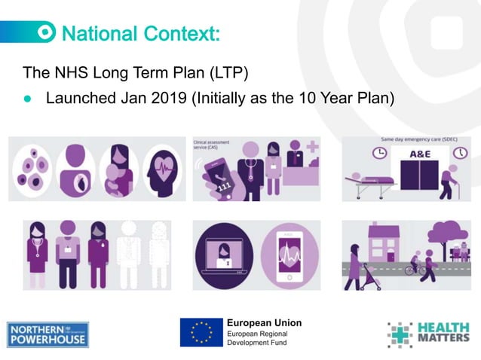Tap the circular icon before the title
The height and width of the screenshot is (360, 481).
[x=47, y=32]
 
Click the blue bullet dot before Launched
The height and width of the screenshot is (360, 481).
[x=28, y=99]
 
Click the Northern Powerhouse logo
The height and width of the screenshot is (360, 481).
[x=47, y=334]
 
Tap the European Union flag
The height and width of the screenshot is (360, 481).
[x=201, y=332]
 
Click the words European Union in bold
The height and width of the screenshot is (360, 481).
[x=264, y=323]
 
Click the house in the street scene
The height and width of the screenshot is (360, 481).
[x=384, y=249]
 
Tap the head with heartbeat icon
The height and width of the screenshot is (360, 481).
[x=163, y=170]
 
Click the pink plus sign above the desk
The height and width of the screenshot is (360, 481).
[x=312, y=147]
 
